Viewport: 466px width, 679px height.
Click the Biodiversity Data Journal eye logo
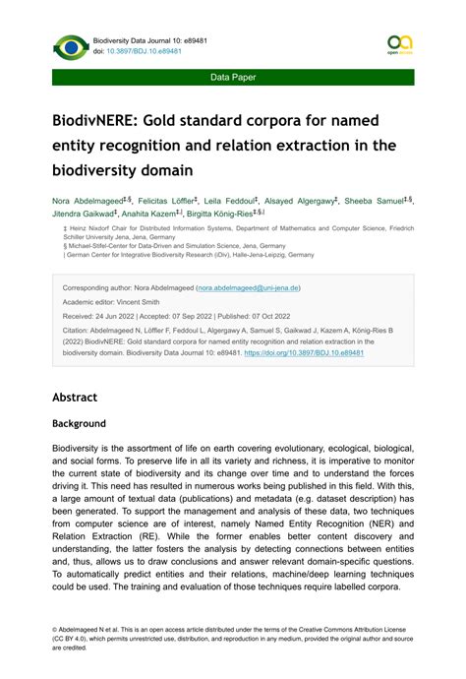(71, 46)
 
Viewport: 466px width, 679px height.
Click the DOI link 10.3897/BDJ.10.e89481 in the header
(145, 51)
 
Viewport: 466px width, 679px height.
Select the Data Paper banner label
(233, 76)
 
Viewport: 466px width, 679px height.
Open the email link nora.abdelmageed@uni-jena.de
(249, 288)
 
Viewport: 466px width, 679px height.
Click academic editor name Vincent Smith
(142, 304)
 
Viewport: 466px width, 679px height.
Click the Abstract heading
(75, 398)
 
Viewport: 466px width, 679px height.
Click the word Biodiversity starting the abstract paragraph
(81, 447)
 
